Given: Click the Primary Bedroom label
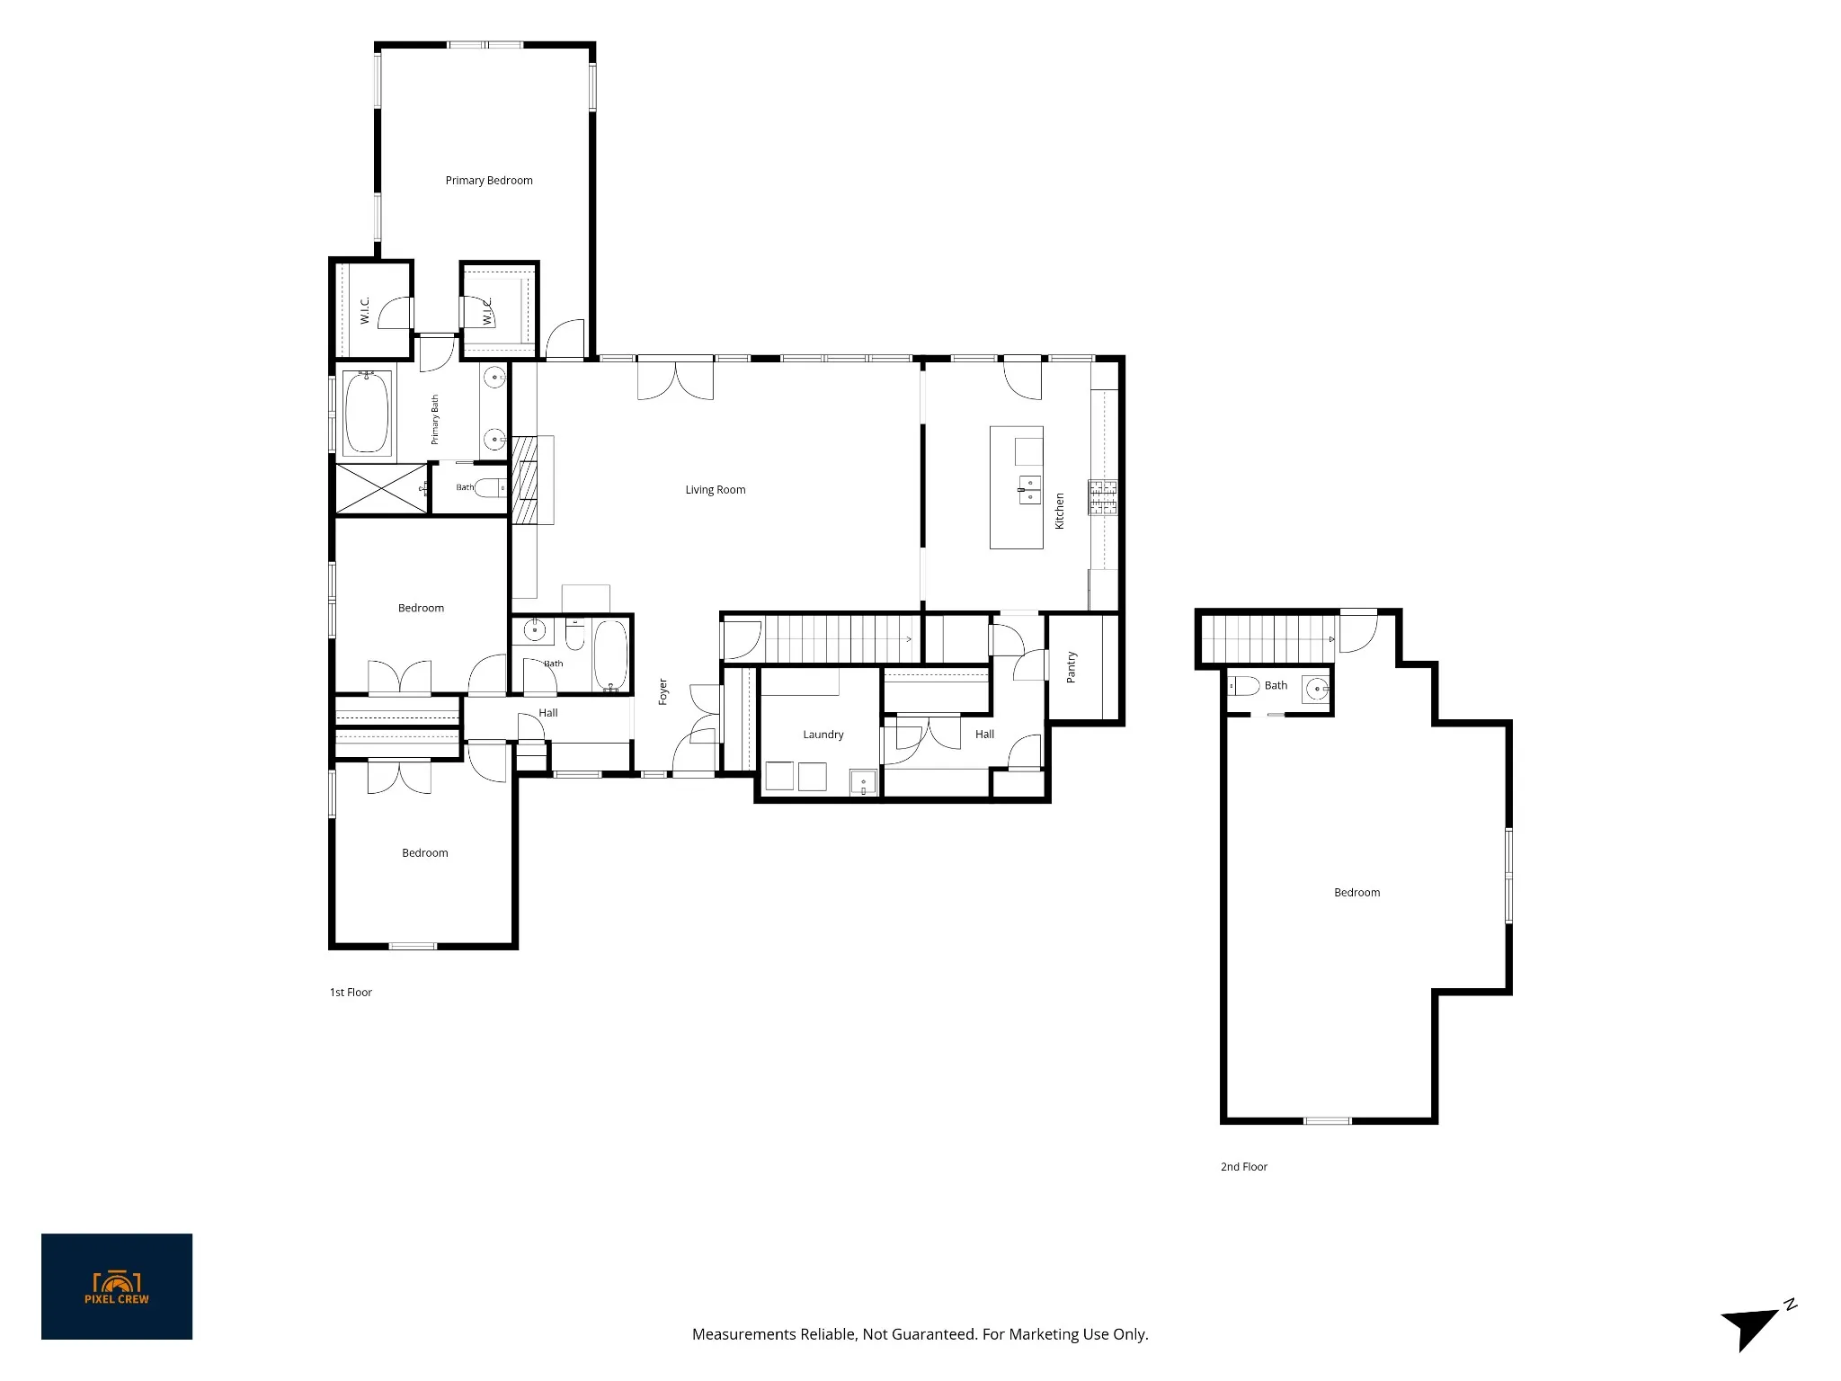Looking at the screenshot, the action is [x=489, y=181].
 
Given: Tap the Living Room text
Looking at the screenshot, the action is [x=716, y=490].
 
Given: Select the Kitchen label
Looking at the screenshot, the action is [x=1060, y=511].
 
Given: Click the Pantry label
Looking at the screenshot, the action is [x=1071, y=667].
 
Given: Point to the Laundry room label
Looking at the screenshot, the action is [x=823, y=735].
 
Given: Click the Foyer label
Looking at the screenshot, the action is [x=663, y=691].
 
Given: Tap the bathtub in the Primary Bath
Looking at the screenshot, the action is [x=368, y=413].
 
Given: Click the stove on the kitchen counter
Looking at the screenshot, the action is [x=1103, y=498].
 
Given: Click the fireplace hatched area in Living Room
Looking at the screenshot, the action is [x=524, y=479].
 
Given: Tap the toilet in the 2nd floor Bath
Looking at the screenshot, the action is [x=1245, y=686].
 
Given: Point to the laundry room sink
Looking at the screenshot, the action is [x=862, y=783].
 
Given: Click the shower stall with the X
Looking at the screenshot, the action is [x=381, y=489].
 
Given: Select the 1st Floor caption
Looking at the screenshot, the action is [x=351, y=993].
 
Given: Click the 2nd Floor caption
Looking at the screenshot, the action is [x=1244, y=1167].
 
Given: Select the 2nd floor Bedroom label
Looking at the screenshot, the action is [x=1357, y=893].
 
